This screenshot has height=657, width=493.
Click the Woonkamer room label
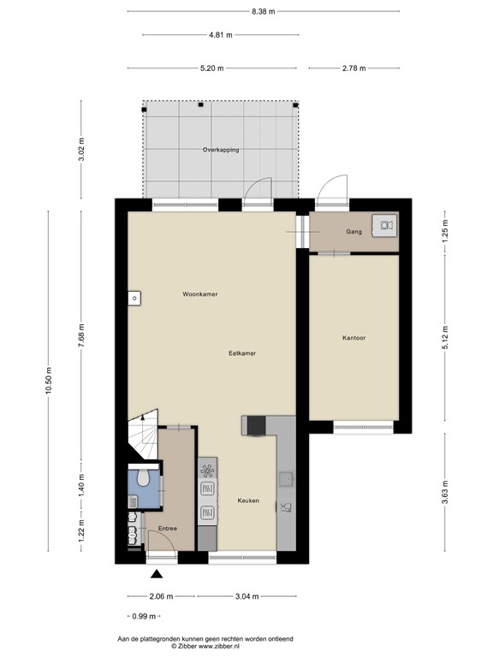[x=199, y=294]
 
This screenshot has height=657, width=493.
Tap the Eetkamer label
[x=242, y=352]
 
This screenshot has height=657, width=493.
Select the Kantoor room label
[x=353, y=338]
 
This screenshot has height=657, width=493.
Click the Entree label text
[x=167, y=529]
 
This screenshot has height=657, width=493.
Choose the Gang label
[x=353, y=231]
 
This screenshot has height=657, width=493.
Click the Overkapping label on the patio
[x=220, y=150]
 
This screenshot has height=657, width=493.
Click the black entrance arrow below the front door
[x=156, y=574]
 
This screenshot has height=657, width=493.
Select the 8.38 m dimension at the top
[x=263, y=11]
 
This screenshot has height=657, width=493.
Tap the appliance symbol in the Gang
[x=382, y=225]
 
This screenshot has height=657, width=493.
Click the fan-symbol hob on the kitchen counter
[x=207, y=469]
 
